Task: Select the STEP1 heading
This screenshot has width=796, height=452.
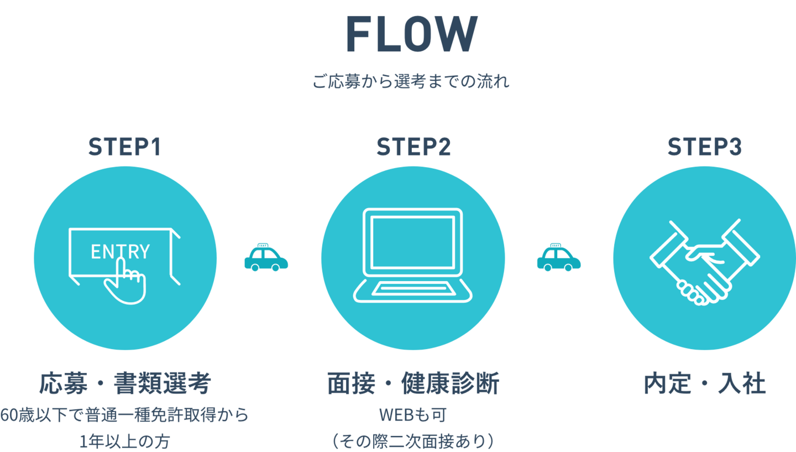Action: pos(125,148)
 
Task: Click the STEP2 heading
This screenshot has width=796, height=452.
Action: pos(413,148)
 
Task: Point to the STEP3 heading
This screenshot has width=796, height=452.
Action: pos(704,148)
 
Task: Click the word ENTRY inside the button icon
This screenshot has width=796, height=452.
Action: pos(120,252)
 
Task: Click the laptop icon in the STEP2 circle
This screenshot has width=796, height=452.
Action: pos(413,254)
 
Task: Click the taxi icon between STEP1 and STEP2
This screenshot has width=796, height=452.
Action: pos(266,258)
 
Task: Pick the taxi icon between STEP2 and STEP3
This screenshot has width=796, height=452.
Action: pos(559,258)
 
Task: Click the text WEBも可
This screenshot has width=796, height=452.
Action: pos(412,415)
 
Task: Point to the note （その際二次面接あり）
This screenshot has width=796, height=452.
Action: pos(412,441)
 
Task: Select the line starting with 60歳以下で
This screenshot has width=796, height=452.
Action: pos(125,415)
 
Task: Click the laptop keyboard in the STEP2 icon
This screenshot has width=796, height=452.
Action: pos(413,289)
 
